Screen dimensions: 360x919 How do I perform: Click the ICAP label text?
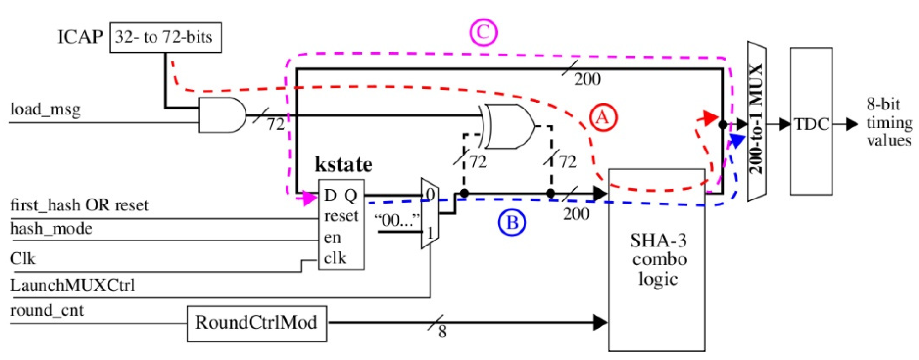(x=80, y=37)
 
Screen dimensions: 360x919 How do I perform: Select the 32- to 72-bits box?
(x=165, y=37)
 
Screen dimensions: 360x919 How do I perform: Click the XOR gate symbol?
(x=508, y=126)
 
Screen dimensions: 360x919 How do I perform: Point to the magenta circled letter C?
(x=483, y=33)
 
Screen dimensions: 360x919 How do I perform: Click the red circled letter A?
(x=603, y=117)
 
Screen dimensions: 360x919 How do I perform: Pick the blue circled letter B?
(x=512, y=223)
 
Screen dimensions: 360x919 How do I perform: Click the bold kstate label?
(x=343, y=165)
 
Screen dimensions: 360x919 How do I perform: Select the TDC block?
(x=811, y=121)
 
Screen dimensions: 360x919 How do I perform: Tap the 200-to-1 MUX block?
(x=757, y=121)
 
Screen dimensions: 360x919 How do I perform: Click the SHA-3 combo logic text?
(x=658, y=260)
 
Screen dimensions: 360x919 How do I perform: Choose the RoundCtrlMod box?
(x=256, y=323)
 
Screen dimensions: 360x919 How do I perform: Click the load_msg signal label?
(x=45, y=109)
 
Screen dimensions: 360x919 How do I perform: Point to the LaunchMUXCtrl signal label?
(x=72, y=285)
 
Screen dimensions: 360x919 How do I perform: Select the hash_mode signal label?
(x=51, y=228)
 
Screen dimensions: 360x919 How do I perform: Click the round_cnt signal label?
(x=47, y=310)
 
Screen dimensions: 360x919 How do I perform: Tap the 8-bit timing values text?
(x=889, y=122)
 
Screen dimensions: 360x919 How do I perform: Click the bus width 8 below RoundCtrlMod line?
(x=442, y=332)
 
